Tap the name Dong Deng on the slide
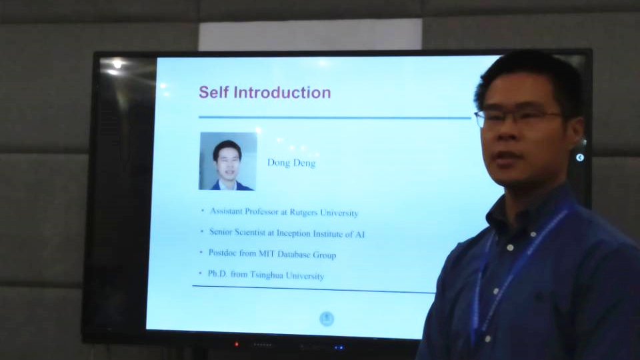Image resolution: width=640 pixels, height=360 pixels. [291, 163]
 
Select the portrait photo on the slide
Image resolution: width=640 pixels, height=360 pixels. [228, 161]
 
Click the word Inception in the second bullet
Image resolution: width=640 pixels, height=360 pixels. [293, 233]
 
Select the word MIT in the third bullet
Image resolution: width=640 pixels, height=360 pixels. [267, 253]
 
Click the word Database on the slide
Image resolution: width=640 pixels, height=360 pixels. [293, 254]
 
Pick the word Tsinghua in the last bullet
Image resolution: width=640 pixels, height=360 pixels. [266, 275]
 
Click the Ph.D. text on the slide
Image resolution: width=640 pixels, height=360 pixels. [217, 273]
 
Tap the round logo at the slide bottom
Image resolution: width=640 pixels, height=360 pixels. [327, 319]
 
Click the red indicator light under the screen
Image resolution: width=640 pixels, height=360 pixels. [236, 345]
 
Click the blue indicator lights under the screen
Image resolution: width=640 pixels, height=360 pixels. [339, 347]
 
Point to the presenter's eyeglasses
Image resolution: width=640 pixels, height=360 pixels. [517, 117]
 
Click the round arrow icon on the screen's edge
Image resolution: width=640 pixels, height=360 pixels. [579, 157]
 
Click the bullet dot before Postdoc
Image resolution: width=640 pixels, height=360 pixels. [201, 252]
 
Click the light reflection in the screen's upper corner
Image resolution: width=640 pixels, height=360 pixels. [117, 65]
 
